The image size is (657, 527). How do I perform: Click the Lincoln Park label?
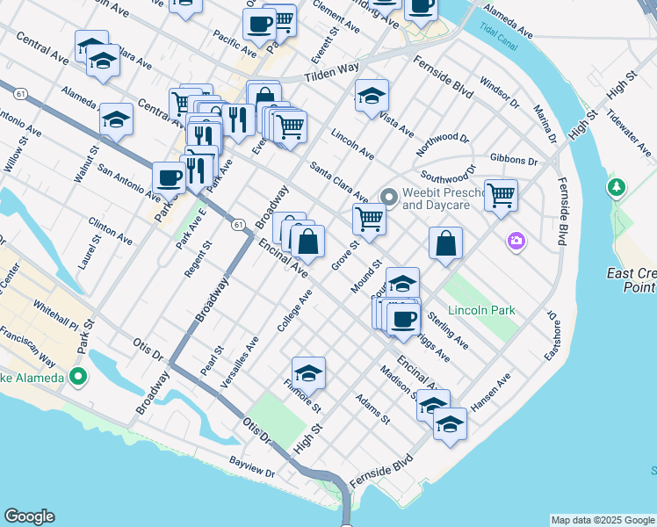coord(480,311)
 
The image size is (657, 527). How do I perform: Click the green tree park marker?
coord(617,187)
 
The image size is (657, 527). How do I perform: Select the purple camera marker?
coord(516,240)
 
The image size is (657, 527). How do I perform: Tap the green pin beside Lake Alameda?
coord(77,378)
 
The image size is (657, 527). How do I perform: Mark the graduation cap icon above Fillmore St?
coord(308,372)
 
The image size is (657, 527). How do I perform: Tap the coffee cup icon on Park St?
coord(169,177)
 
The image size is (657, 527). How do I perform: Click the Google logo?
coord(29,516)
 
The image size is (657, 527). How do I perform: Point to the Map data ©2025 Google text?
coord(602,520)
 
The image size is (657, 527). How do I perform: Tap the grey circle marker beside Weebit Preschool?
coord(387,194)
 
